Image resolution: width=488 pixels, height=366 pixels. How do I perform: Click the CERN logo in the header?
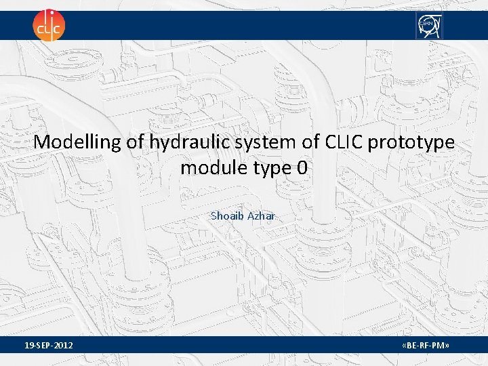pyautogui.click(x=428, y=25)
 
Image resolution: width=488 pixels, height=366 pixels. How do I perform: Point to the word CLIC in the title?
pyautogui.click(x=344, y=142)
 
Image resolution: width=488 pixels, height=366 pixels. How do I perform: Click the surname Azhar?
pyautogui.click(x=262, y=216)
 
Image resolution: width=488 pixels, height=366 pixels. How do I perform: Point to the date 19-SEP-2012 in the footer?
pyautogui.click(x=49, y=347)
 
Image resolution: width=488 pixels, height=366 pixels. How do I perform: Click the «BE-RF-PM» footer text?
pyautogui.click(x=426, y=347)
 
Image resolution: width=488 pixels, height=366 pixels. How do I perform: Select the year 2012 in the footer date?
pyautogui.click(x=64, y=347)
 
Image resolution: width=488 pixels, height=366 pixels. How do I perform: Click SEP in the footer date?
pyautogui.click(x=43, y=347)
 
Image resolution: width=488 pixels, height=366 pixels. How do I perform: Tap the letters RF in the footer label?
pyautogui.click(x=426, y=347)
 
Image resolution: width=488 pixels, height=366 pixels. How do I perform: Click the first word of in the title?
pyautogui.click(x=131, y=142)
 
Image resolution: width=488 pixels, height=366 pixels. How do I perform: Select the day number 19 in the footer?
pyautogui.click(x=28, y=347)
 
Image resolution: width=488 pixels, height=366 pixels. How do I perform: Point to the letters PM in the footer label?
pyautogui.click(x=440, y=347)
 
